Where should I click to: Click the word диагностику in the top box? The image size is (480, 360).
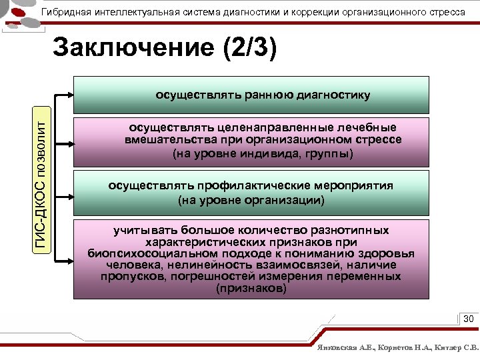coord(331,95)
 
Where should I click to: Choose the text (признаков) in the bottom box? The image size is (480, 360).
coord(251,289)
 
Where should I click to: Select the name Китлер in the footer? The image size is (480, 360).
coord(448,348)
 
